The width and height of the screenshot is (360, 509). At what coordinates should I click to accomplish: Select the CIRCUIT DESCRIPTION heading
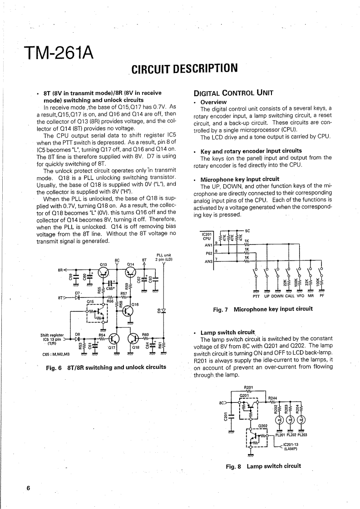coord(184,69)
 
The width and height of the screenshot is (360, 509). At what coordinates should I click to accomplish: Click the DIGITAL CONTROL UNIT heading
coord(233,93)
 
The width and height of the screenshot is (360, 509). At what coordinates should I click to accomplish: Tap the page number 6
coord(28,488)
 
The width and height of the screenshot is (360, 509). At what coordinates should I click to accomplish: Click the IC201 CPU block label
coord(207,236)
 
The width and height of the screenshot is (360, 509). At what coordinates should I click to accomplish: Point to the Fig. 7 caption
coord(263,309)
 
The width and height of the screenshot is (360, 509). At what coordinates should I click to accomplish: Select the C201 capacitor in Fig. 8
coord(232,414)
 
